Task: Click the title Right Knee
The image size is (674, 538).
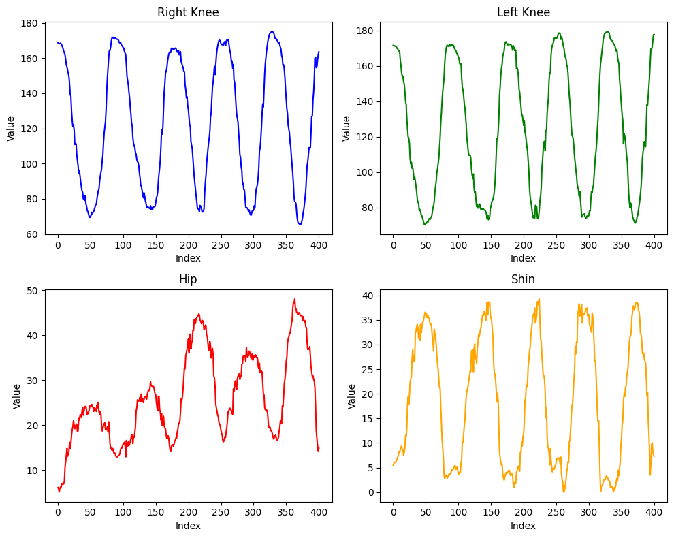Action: point(188,12)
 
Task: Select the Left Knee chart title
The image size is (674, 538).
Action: point(523,12)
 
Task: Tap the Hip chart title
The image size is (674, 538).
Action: point(188,279)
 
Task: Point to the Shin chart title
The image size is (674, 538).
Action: point(523,279)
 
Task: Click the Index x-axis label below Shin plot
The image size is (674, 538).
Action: point(523,526)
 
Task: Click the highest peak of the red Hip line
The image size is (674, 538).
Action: point(294,299)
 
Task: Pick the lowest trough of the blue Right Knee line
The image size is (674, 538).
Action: point(300,224)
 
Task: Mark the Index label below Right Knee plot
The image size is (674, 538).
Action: point(188,258)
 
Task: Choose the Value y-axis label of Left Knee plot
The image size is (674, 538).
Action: point(347,129)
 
